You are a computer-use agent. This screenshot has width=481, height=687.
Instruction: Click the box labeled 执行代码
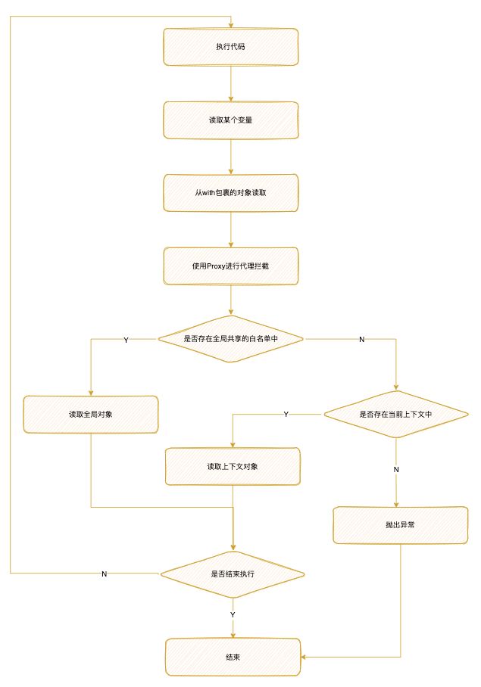(x=230, y=47)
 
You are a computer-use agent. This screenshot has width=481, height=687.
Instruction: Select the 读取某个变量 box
(x=230, y=120)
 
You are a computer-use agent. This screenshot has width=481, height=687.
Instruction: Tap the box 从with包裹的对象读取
(x=230, y=193)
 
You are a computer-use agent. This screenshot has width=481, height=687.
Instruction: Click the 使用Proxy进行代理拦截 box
(x=230, y=266)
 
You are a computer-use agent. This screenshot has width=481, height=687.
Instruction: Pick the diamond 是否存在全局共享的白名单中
(x=230, y=339)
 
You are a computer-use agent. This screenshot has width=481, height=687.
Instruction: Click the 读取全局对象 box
(x=91, y=415)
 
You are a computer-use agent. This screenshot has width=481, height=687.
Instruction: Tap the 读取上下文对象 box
(x=233, y=466)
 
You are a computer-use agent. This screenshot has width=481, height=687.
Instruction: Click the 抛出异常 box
(x=399, y=524)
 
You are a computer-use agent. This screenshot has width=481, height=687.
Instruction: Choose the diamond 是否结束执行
(x=233, y=574)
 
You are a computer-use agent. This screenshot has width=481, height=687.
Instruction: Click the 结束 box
(x=233, y=657)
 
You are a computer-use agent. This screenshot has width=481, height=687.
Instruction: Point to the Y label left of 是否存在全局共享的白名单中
(x=126, y=340)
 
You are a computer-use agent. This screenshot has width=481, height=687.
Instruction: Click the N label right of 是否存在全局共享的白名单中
(x=361, y=340)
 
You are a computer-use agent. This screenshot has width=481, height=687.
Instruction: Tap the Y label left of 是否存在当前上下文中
(x=286, y=415)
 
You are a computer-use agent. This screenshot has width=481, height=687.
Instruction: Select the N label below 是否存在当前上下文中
(x=395, y=469)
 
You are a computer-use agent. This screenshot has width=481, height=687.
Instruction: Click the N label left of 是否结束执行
(x=104, y=574)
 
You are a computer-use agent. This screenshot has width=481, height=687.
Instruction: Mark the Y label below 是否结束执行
(x=233, y=614)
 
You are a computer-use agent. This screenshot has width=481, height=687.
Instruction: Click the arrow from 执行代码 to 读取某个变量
(x=230, y=83)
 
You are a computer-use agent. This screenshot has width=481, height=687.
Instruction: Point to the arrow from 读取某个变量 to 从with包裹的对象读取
(x=230, y=157)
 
